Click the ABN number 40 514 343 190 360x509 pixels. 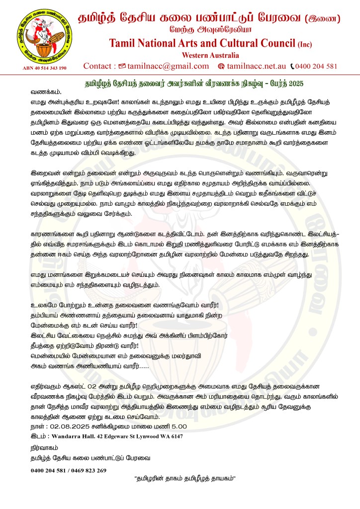coord(44,68)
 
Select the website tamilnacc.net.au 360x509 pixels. coord(256,66)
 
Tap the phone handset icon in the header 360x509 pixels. coord(292,66)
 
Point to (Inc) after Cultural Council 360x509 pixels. coord(305,44)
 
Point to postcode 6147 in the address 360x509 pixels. coord(174,436)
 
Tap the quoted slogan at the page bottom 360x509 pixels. coord(184,479)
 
